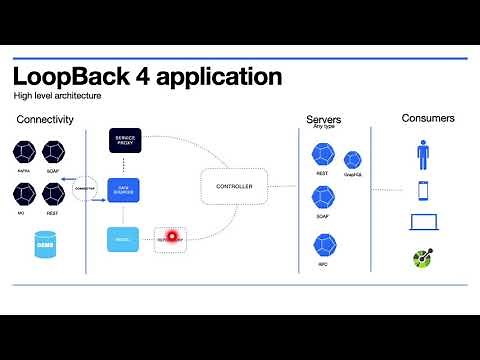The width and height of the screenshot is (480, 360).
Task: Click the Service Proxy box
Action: [x=125, y=141]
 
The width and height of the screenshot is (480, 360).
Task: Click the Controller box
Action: [x=234, y=187]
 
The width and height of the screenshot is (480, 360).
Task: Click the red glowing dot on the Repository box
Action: [x=171, y=237]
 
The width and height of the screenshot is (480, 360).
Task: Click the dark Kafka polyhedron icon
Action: [x=25, y=152]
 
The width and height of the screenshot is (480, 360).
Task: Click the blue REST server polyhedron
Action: [x=323, y=154]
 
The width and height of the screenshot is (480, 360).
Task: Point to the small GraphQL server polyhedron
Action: [x=352, y=160]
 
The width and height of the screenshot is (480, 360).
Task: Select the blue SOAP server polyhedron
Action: [x=323, y=197]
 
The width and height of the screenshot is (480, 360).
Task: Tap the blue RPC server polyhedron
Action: [x=323, y=244]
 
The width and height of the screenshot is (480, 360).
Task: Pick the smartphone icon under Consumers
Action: [x=422, y=189]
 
